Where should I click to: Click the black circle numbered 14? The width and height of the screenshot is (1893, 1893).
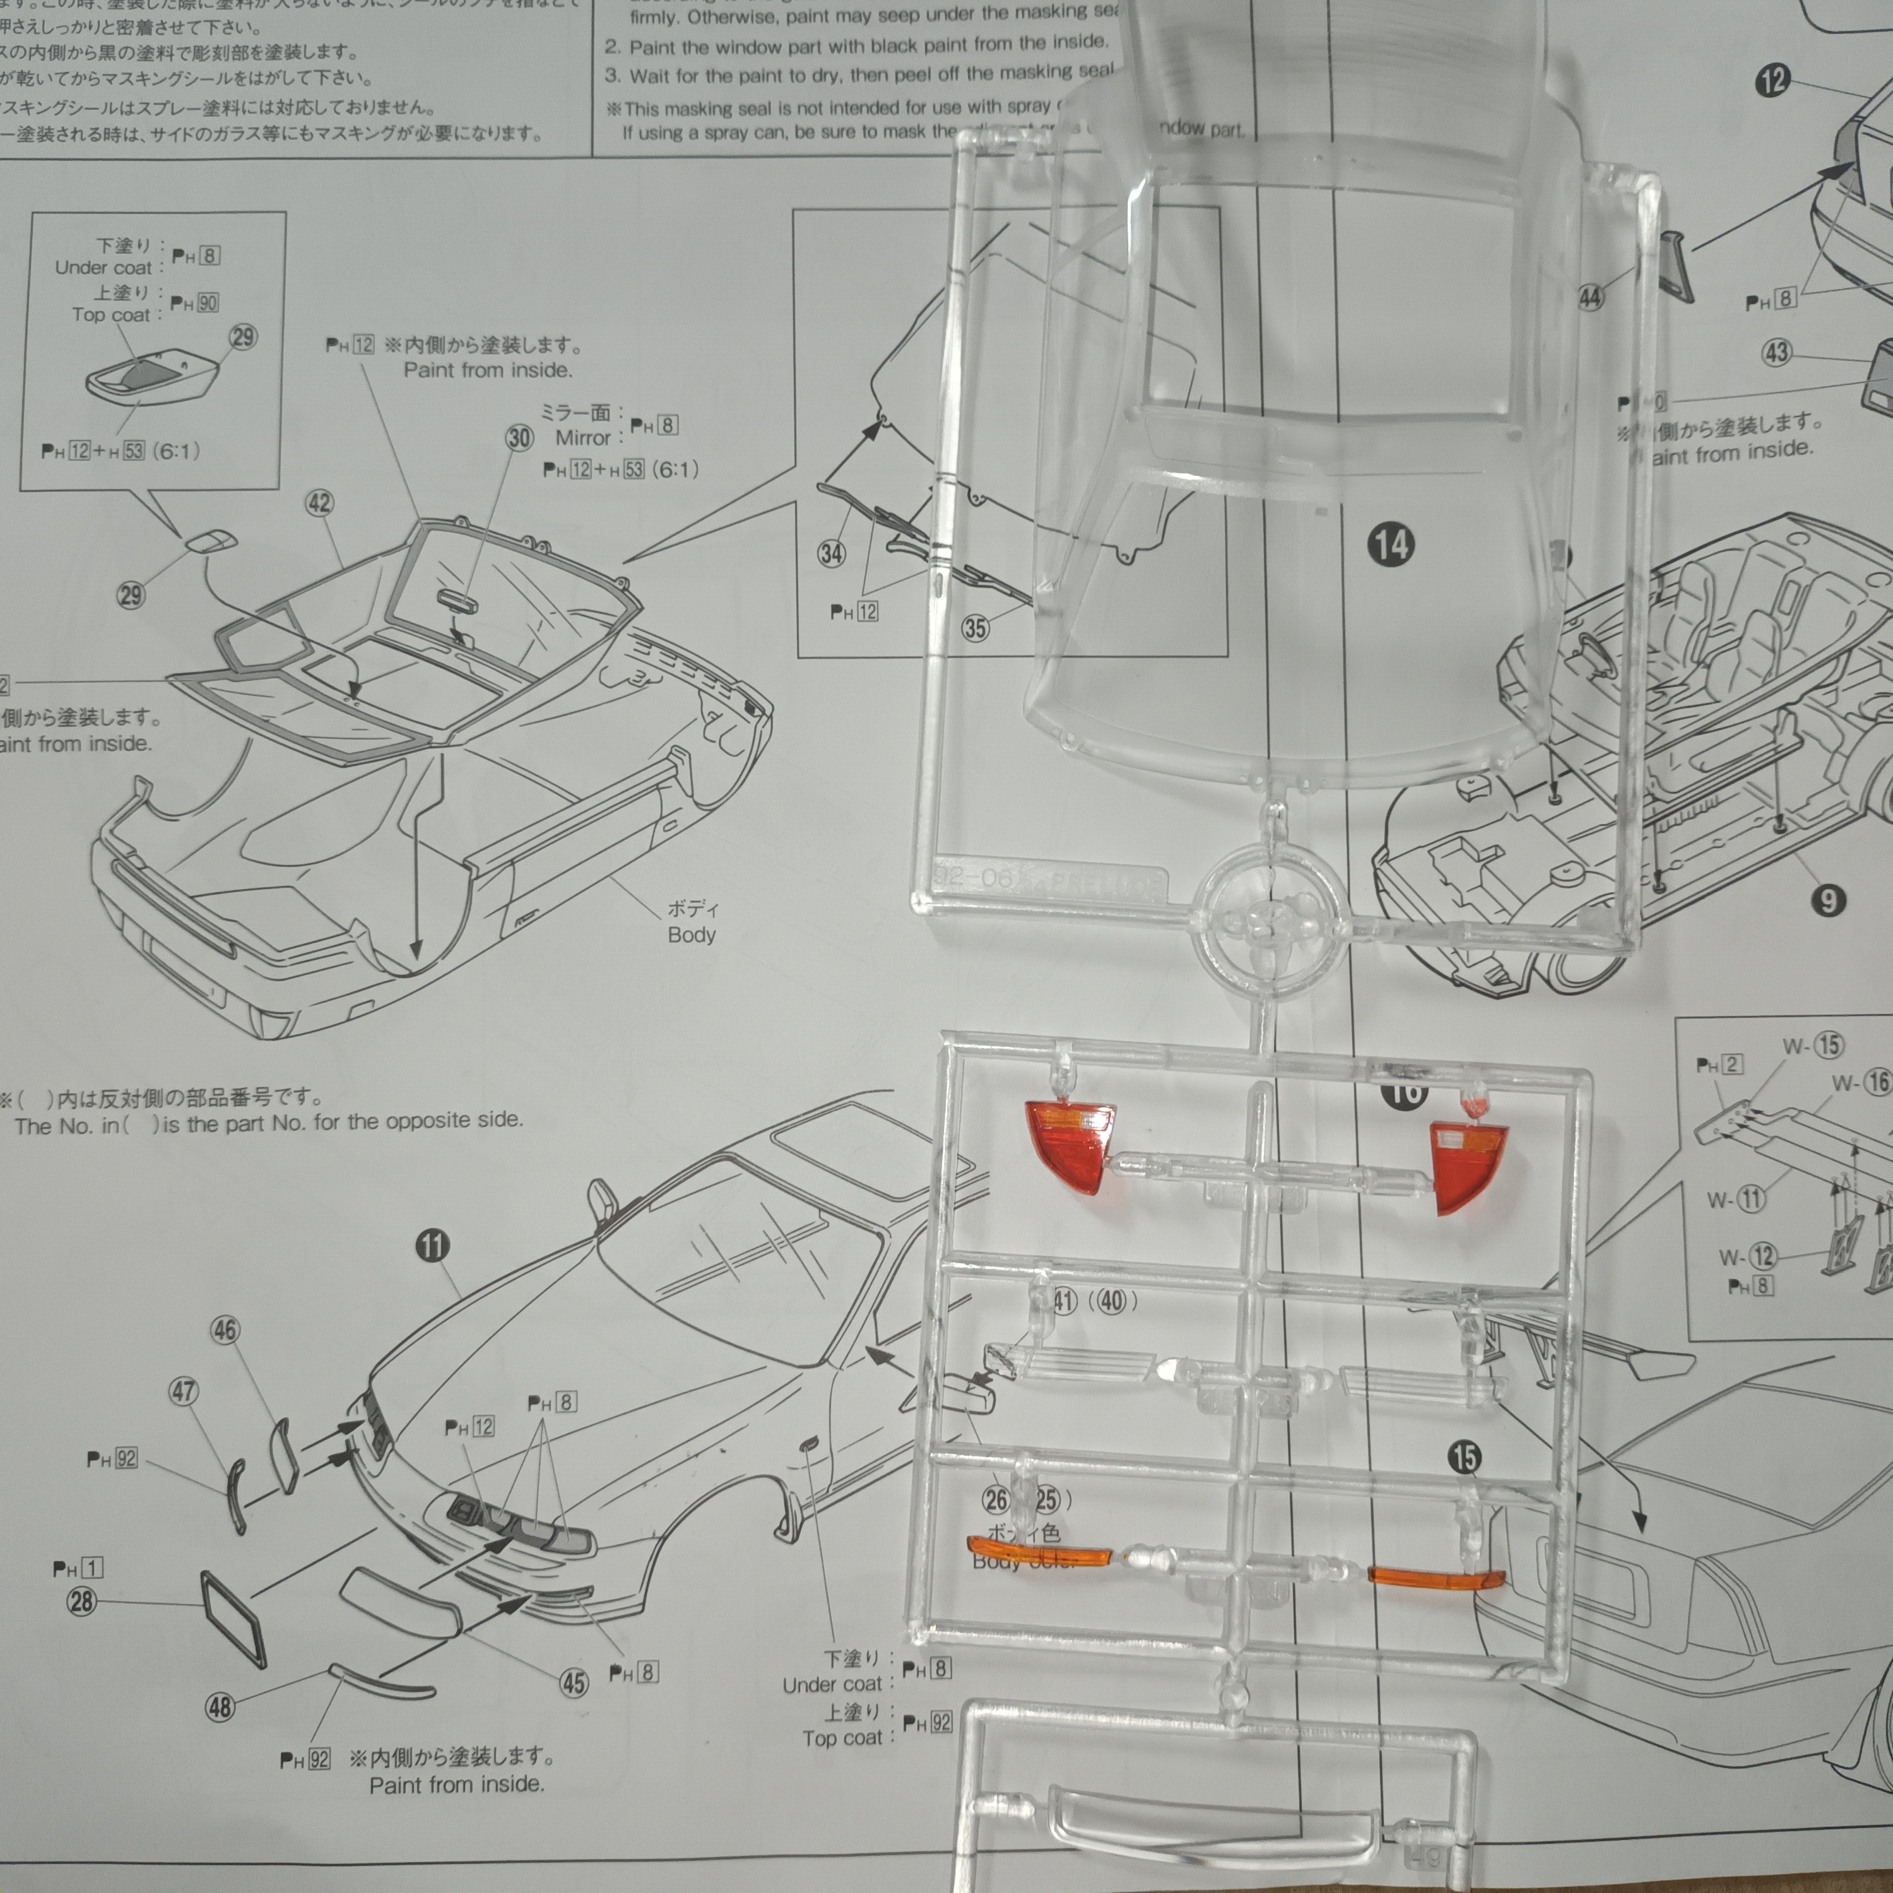[x=1391, y=545]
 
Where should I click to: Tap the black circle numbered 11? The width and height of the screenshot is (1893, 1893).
[x=432, y=1246]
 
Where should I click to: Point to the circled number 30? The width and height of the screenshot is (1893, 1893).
[x=519, y=438]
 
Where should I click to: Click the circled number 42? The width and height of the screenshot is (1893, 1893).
[x=319, y=504]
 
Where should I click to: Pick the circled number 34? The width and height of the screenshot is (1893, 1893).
[x=831, y=553]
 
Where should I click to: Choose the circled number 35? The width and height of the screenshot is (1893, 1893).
[x=975, y=628]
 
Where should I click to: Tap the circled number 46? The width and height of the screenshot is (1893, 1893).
[x=225, y=1330]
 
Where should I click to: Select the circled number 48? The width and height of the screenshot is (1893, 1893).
[x=220, y=1707]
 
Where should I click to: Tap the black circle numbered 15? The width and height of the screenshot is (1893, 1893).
[x=1464, y=1457]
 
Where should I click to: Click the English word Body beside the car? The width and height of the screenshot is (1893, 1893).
[x=691, y=935]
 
